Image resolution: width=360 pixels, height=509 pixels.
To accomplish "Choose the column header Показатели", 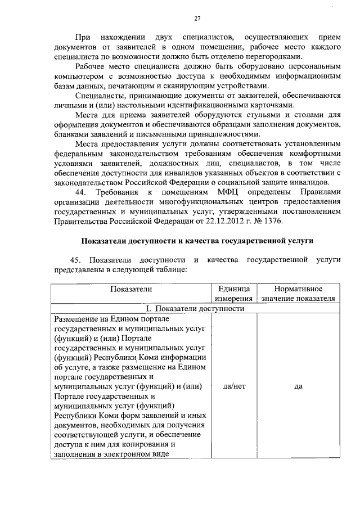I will (131, 289).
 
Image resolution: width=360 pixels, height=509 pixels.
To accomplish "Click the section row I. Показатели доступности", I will (195, 308).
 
